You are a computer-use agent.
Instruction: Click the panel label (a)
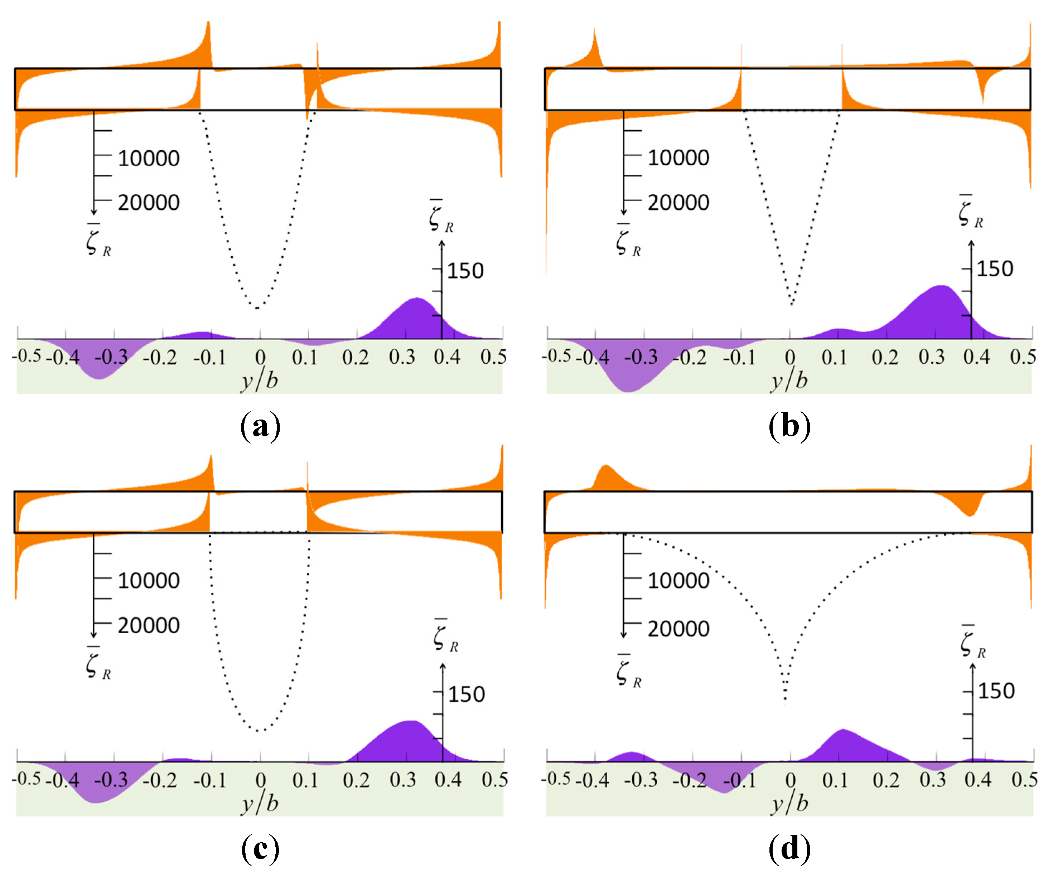pos(260,427)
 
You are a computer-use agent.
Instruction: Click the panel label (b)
pos(790,427)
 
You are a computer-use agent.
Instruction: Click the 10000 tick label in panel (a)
pos(149,159)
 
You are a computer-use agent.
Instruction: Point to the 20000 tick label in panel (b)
pos(678,203)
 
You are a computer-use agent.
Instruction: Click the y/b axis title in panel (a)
pos(259,381)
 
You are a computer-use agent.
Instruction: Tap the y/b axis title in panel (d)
pos(789,804)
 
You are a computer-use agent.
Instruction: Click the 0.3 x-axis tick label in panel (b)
pos(932,357)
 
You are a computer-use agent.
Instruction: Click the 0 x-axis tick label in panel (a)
pos(260,357)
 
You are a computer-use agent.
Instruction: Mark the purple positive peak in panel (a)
pos(417,299)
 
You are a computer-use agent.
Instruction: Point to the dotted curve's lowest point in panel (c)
pos(259,731)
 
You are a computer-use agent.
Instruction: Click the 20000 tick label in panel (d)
pos(678,629)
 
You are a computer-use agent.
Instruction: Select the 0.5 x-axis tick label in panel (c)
pos(494,780)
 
